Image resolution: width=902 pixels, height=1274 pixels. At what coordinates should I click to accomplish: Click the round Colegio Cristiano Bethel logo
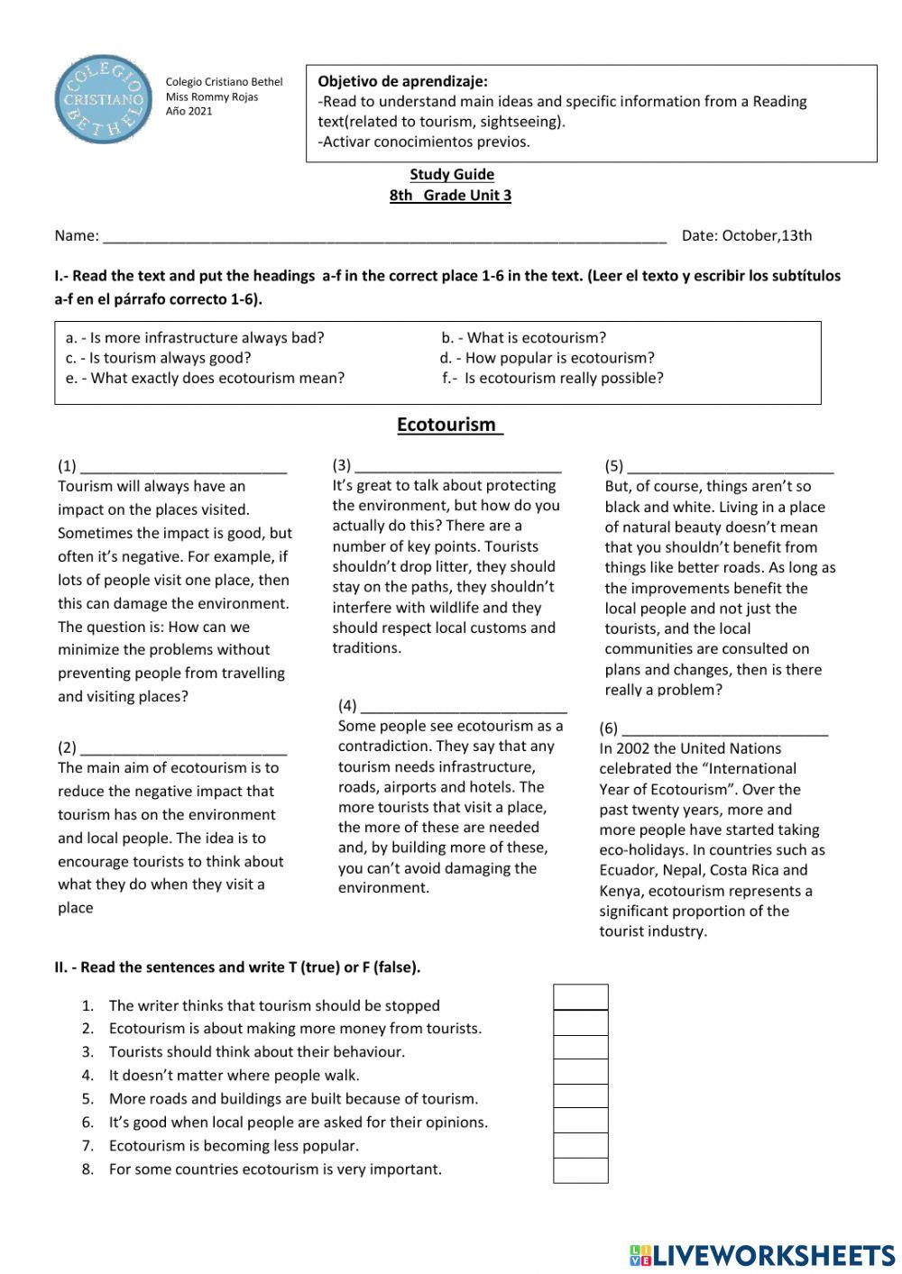pos(105,98)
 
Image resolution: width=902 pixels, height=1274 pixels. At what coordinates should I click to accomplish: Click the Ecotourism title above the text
pos(448,425)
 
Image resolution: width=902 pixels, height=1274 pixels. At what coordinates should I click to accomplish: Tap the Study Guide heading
pos(452,175)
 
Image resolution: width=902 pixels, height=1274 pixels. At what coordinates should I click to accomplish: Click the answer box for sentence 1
pos(580,998)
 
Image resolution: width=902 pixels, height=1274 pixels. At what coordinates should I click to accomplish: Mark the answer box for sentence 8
pos(580,1170)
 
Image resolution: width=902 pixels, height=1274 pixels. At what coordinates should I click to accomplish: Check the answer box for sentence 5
pos(580,1096)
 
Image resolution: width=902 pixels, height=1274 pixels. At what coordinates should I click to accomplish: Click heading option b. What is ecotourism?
pos(524,338)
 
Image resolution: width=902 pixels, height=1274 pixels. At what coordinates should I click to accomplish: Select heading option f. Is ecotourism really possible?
pos(553,379)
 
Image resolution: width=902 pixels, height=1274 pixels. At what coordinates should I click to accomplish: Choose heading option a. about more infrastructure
pos(195,338)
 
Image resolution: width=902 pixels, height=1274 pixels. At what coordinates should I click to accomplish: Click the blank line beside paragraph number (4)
pos(463,707)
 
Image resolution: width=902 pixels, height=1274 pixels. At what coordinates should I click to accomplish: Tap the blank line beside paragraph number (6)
pos(724,729)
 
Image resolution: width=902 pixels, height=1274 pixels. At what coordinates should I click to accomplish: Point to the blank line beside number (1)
pos(183,467)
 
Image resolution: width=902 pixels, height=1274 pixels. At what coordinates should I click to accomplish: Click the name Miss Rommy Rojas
pos(211,97)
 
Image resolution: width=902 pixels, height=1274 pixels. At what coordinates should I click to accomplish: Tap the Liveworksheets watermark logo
pos(761,1255)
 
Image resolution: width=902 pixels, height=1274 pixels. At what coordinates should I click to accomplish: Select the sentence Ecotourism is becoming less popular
pos(234,1146)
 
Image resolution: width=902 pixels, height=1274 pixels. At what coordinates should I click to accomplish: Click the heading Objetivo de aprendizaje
pos(402,82)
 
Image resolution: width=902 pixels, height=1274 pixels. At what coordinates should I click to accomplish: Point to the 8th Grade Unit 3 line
pos(450,196)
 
